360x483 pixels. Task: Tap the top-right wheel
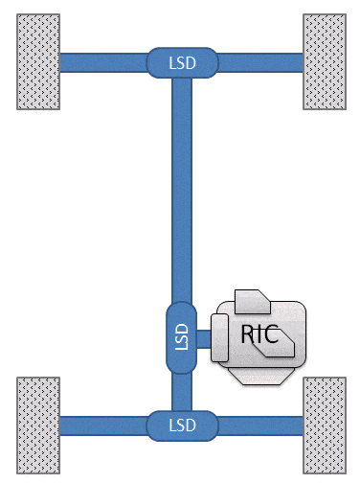[324, 62]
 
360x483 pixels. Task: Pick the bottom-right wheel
[324, 425]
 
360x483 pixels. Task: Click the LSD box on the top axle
[182, 62]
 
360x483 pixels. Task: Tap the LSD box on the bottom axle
[182, 425]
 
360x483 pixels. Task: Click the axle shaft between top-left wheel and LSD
[103, 62]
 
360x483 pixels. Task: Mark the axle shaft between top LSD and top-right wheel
[260, 62]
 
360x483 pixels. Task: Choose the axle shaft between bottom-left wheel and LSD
[103, 425]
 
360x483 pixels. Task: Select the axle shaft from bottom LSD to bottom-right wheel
[260, 425]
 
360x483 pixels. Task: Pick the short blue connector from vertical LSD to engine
[204, 337]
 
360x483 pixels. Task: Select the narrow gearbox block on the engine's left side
[219, 337]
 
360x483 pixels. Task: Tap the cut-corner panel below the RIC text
[279, 354]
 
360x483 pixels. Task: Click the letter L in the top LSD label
[172, 62]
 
